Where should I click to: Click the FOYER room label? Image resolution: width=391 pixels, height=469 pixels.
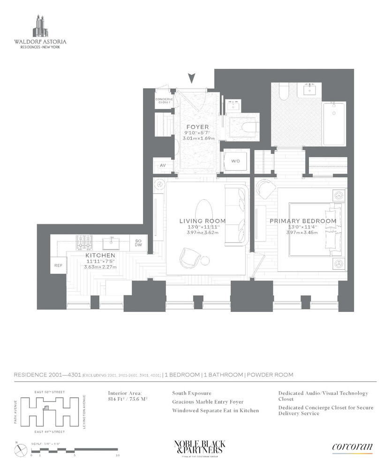click(x=197, y=127)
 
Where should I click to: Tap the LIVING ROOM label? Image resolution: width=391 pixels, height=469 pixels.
click(x=203, y=221)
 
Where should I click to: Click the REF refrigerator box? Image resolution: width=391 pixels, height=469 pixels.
click(x=58, y=265)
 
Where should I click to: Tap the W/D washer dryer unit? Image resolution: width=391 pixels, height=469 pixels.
click(x=235, y=161)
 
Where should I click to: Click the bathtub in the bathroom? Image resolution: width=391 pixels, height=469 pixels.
click(x=333, y=124)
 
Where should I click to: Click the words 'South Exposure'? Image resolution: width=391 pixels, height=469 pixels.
click(x=192, y=393)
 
